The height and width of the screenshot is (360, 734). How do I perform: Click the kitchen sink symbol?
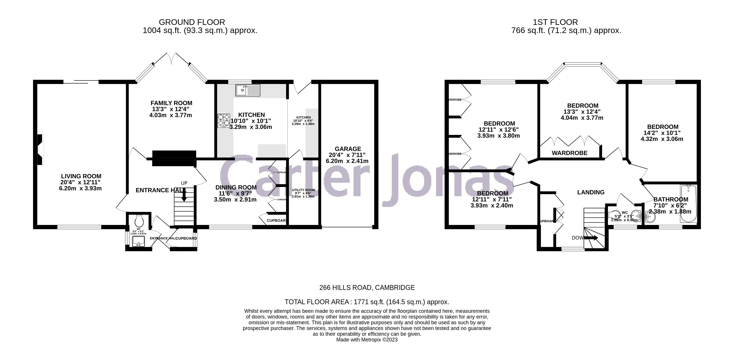point(248,90)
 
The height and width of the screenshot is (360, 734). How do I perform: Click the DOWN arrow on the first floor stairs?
point(591,238)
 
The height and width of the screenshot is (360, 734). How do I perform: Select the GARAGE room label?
point(348,149)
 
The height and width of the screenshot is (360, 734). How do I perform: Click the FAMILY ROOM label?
point(171,103)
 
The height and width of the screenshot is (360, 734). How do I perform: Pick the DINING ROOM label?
point(236,187)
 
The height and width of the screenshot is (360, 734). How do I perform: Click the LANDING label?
point(591,192)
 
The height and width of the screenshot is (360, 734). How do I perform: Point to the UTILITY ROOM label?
point(303,190)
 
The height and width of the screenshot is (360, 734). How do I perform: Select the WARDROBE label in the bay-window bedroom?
point(569,153)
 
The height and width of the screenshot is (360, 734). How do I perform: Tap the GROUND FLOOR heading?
point(192,22)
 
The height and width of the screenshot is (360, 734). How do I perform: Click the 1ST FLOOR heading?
point(555,22)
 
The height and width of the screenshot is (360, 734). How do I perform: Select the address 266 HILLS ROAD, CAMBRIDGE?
point(367,288)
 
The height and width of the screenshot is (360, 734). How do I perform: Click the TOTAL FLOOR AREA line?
point(367,302)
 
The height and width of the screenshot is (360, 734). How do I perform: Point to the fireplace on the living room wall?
point(41,150)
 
